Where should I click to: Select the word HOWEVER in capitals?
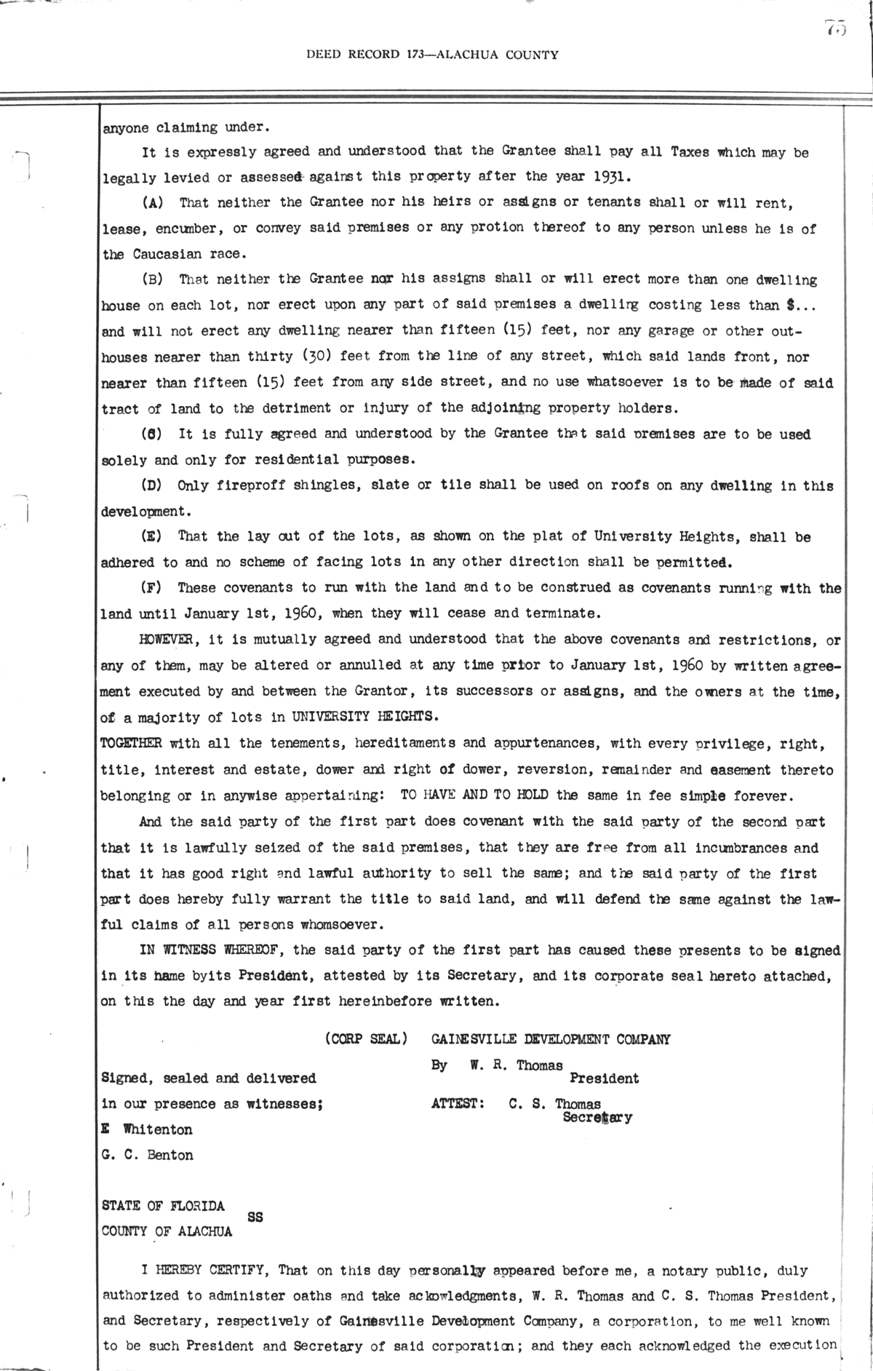pos(166,640)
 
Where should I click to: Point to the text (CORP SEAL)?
pos(365,1039)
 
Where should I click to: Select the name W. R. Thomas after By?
pos(516,1065)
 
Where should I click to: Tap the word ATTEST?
pos(458,1104)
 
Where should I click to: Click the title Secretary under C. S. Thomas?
pos(597,1117)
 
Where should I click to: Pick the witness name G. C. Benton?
pos(148,1155)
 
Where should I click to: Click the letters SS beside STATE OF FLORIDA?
pos(255,1216)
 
